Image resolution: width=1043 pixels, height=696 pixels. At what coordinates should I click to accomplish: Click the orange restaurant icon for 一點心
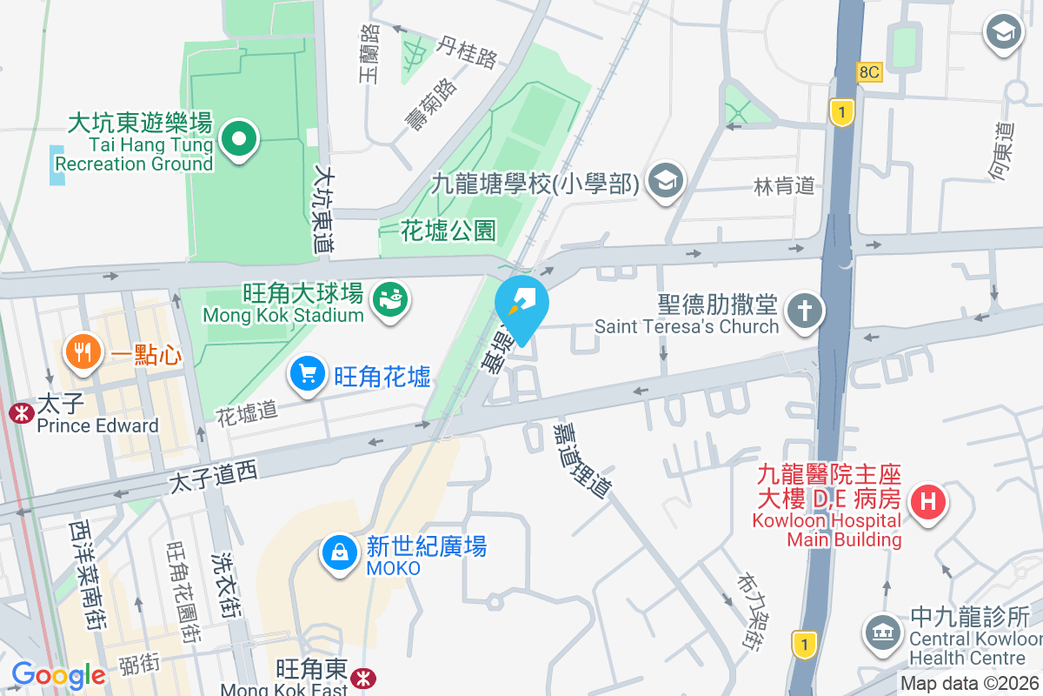click(83, 352)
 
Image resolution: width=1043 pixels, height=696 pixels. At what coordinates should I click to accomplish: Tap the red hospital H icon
click(927, 502)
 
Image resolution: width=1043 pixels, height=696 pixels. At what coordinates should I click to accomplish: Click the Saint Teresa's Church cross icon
click(804, 311)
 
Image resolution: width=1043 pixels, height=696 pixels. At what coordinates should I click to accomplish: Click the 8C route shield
click(869, 73)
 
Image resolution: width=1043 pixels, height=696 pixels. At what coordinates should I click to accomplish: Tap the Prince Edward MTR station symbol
click(17, 412)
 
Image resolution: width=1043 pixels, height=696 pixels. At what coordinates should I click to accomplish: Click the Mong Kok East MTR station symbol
click(365, 673)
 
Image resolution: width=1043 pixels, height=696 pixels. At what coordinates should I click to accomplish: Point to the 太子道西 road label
click(214, 477)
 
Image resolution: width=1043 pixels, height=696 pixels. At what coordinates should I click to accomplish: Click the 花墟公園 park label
click(448, 231)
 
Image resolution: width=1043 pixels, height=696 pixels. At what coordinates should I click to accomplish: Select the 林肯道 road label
click(784, 185)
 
